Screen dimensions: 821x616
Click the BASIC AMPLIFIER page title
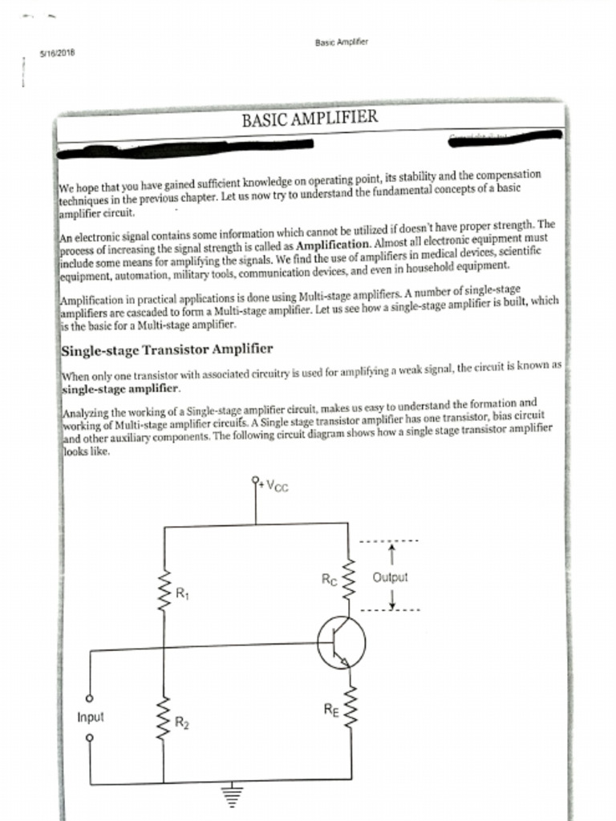tap(309, 119)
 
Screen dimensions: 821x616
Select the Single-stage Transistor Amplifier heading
tap(167, 349)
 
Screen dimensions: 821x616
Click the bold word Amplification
tap(333, 244)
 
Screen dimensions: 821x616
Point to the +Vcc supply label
tap(272, 484)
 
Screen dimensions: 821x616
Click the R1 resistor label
tap(182, 594)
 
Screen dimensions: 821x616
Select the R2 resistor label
tap(182, 725)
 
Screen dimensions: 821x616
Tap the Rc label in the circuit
tap(328, 580)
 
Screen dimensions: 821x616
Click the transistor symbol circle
tap(341, 642)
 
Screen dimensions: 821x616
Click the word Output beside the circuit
tap(390, 577)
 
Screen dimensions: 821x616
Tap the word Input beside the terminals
tap(91, 717)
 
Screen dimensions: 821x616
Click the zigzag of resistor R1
tap(164, 593)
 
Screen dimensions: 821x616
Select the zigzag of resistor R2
tap(164, 718)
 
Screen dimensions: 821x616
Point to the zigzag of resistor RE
tap(350, 709)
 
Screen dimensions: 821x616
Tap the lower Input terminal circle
tap(90, 736)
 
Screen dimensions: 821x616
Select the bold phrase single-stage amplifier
tap(120, 388)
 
